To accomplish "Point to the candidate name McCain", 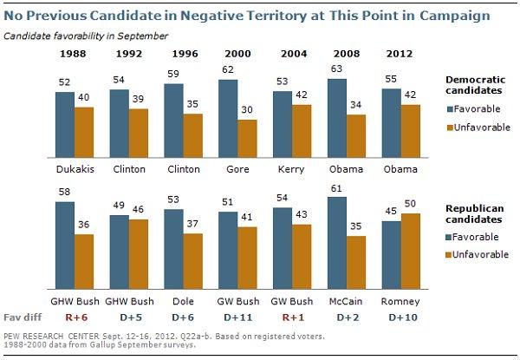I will [x=344, y=302].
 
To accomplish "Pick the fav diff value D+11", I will [x=236, y=318].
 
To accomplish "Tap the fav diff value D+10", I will [x=399, y=318].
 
